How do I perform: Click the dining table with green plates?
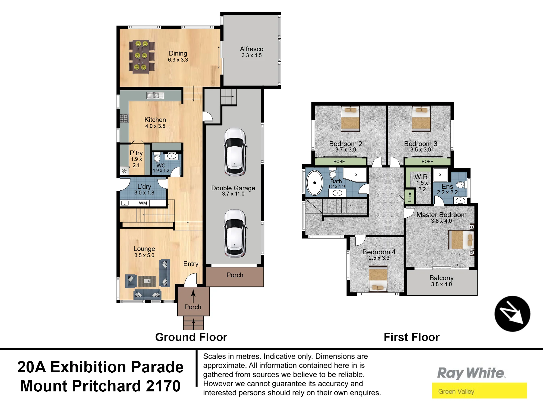pos(141,57)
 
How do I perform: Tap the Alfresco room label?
pos(252,49)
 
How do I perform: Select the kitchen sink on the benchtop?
pos(155,95)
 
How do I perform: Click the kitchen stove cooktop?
pos(124,118)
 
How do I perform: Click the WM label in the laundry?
pos(143,203)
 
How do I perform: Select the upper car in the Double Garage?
pos(235,152)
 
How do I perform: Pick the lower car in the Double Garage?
pos(235,233)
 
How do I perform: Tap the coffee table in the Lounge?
pos(147,281)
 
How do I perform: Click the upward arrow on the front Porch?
pos(193,296)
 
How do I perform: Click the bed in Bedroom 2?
pos(350,119)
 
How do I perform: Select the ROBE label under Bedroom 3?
pos(427,162)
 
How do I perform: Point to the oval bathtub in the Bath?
pos(314,183)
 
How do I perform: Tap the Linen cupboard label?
pos(410,196)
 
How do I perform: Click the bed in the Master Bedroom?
pos(461,240)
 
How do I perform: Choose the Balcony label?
pos(441,278)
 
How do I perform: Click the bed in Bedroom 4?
pos(378,279)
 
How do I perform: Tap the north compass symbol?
pos(512,314)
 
